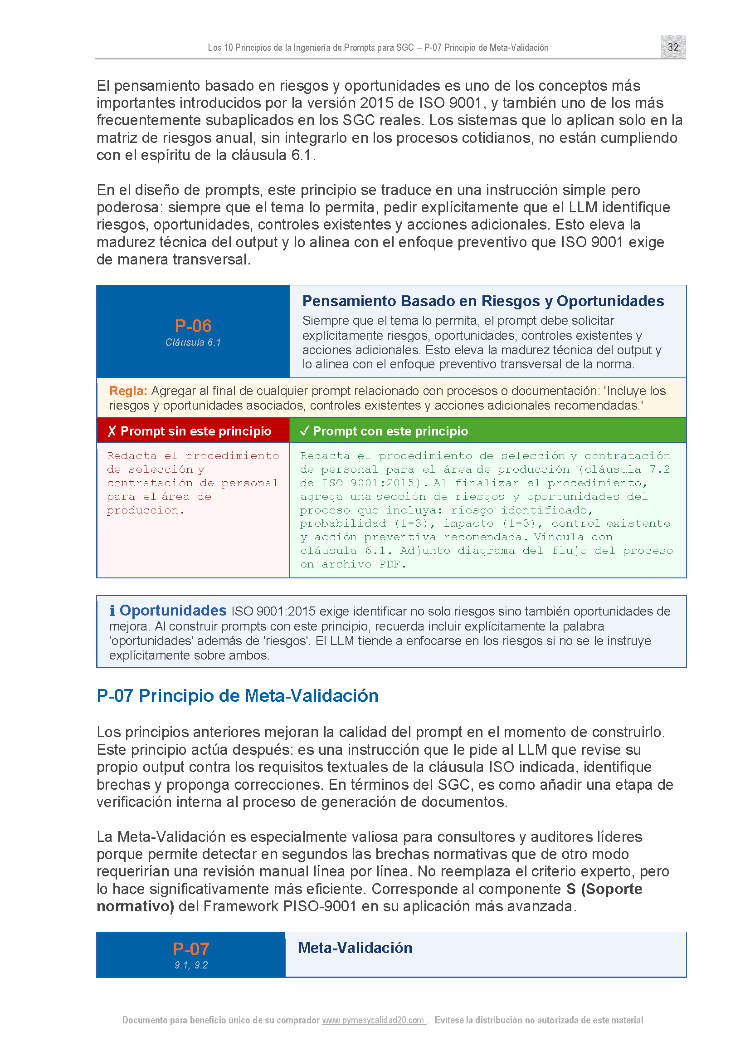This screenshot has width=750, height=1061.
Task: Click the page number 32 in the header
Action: click(x=672, y=47)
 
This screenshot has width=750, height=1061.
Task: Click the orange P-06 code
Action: click(x=193, y=326)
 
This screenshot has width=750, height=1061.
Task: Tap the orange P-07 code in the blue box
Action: click(x=191, y=949)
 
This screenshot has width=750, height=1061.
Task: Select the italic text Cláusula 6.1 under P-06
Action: click(x=193, y=342)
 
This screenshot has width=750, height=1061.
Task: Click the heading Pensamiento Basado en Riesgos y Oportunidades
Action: click(x=482, y=301)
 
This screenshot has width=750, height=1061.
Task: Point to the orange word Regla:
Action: click(x=128, y=391)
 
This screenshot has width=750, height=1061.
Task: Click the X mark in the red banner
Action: click(x=112, y=431)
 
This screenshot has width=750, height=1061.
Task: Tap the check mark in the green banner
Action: click(x=304, y=431)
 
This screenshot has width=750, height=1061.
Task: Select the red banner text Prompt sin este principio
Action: click(x=196, y=431)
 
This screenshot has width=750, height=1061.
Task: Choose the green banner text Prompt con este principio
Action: click(x=390, y=431)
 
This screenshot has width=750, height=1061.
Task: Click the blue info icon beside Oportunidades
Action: click(x=112, y=611)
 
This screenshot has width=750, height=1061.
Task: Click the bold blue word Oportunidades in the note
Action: click(x=173, y=611)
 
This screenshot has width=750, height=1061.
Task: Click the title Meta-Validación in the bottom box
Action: click(x=355, y=948)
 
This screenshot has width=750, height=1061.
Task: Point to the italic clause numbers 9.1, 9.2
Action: click(x=191, y=965)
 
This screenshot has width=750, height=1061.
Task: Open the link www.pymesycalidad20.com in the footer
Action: click(x=373, y=1020)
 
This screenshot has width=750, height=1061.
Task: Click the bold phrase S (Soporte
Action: click(x=604, y=889)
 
